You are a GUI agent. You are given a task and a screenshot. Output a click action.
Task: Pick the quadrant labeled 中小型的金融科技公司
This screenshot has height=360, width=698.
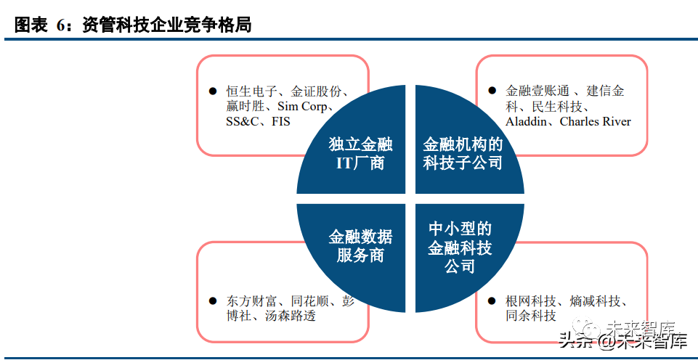pos(460,247)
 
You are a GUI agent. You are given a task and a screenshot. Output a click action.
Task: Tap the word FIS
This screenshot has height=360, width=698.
pos(281,122)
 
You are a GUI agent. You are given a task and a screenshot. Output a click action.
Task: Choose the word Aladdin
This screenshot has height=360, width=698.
pos(528,122)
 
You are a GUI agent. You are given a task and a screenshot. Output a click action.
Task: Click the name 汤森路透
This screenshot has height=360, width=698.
pos(291,316)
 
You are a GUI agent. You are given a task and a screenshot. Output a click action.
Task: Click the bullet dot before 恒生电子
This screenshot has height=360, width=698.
pos(212,92)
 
